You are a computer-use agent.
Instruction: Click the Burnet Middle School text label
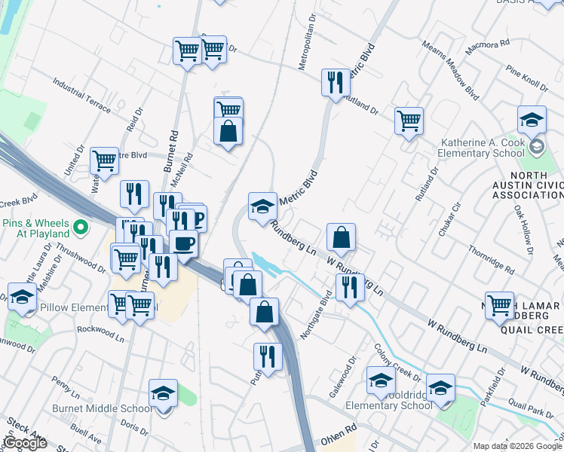pyautogui.click(x=112, y=408)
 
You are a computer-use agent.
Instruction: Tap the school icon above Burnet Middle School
pyautogui.click(x=163, y=394)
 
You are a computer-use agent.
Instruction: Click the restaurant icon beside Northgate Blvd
pyautogui.click(x=350, y=287)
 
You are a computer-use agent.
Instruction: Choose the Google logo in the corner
pyautogui.click(x=24, y=443)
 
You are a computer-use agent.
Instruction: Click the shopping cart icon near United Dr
pyautogui.click(x=104, y=160)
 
